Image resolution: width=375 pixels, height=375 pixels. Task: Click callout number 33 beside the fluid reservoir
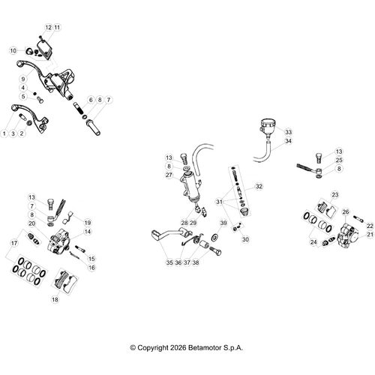(288, 132)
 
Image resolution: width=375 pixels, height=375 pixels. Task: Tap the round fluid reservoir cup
(267, 127)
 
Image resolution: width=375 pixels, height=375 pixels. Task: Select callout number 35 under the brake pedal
(169, 262)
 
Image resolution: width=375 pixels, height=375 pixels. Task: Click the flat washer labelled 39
(214, 236)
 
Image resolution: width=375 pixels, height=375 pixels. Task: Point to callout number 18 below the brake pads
(55, 299)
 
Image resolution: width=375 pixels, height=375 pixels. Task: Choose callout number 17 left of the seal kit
(14, 243)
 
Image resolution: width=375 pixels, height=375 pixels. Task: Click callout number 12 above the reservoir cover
(49, 27)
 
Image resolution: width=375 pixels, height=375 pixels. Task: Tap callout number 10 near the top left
(13, 51)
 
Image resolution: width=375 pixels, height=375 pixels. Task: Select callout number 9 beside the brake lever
(23, 79)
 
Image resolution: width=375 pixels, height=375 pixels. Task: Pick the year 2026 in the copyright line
(178, 348)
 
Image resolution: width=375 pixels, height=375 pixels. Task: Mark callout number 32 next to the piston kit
(259, 187)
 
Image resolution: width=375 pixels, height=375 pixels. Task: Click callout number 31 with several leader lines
(219, 202)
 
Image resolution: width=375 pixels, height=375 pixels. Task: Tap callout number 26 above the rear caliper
(346, 212)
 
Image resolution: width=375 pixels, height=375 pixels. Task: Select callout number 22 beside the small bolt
(370, 226)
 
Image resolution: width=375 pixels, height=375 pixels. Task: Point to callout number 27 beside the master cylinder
(169, 175)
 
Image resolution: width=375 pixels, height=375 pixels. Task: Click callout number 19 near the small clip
(87, 223)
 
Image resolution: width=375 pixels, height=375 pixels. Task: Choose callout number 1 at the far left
(4, 133)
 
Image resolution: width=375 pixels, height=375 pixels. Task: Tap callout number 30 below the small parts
(245, 239)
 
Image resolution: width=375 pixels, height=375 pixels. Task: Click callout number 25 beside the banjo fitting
(339, 160)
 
